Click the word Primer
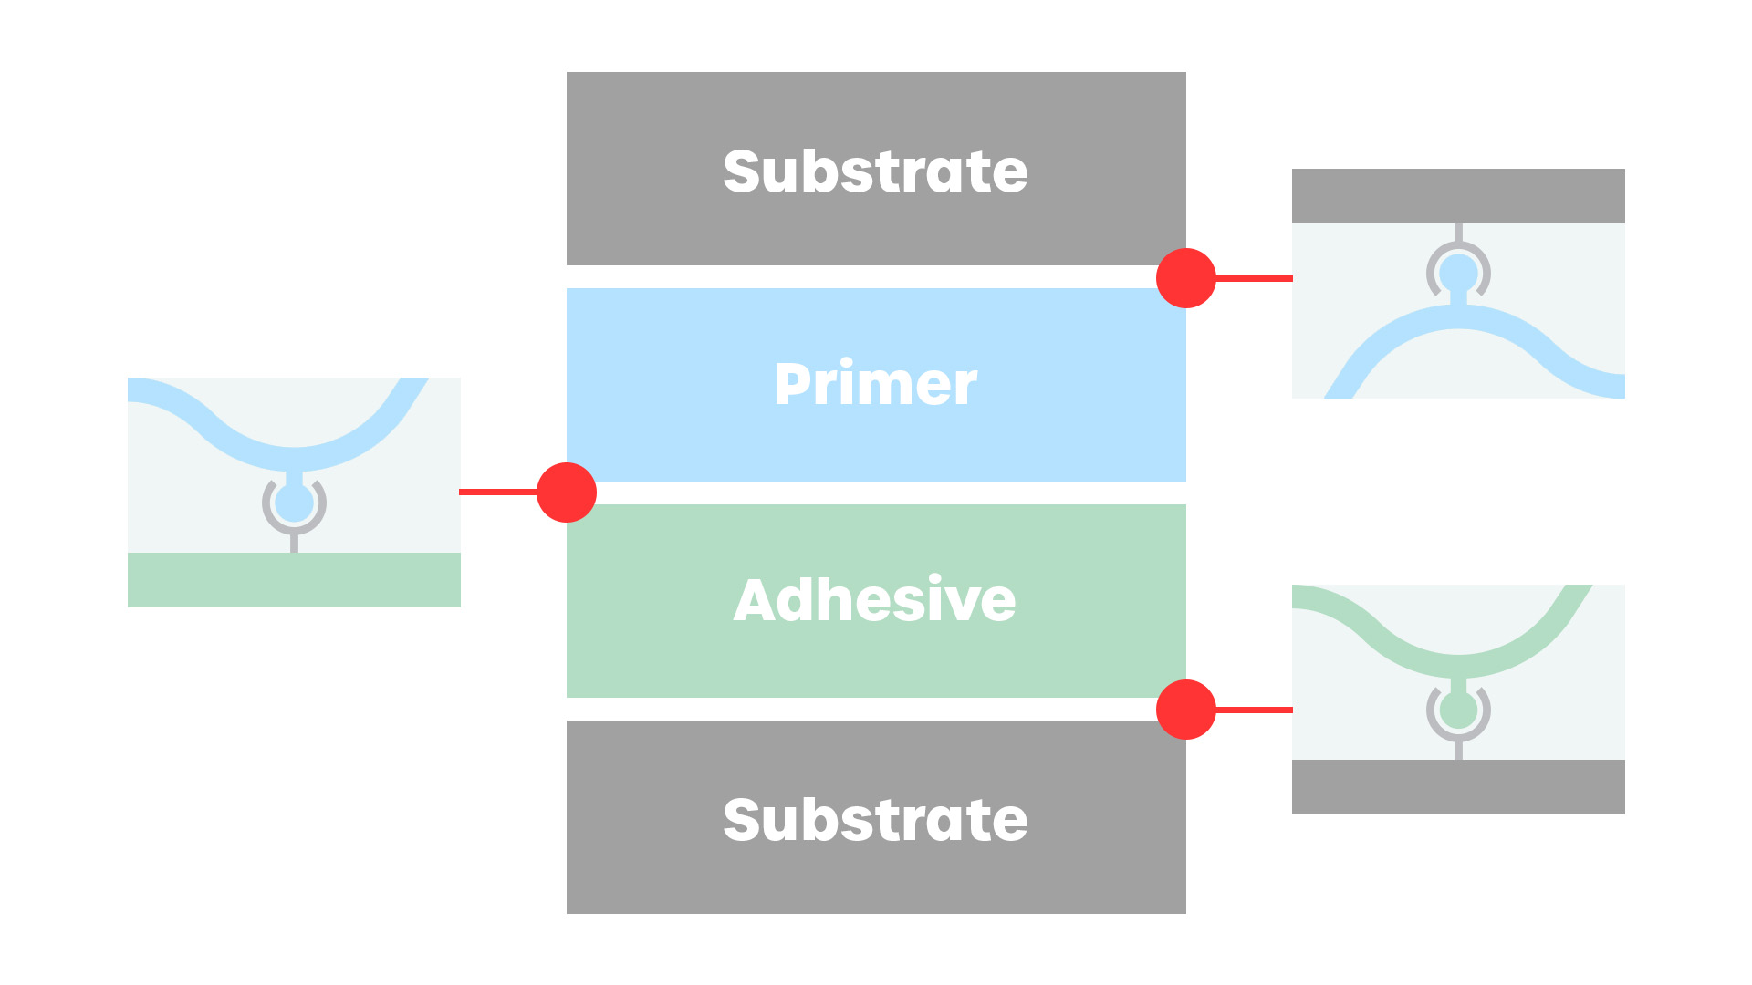coord(875,385)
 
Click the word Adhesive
coord(874,600)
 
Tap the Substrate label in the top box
coord(875,171)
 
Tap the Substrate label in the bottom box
coord(875,820)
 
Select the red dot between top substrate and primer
coord(1185,278)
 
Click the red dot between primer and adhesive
coord(567,493)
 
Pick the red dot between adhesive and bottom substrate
coord(1185,710)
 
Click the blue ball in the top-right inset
coord(1458,272)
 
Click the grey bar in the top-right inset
coord(1458,195)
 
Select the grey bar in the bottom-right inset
coord(1458,786)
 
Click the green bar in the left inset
coord(294,579)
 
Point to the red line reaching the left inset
coord(498,493)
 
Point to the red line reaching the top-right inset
coord(1254,278)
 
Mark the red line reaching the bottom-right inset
coord(1254,710)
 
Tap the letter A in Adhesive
coord(756,600)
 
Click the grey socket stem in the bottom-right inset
coord(1458,751)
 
